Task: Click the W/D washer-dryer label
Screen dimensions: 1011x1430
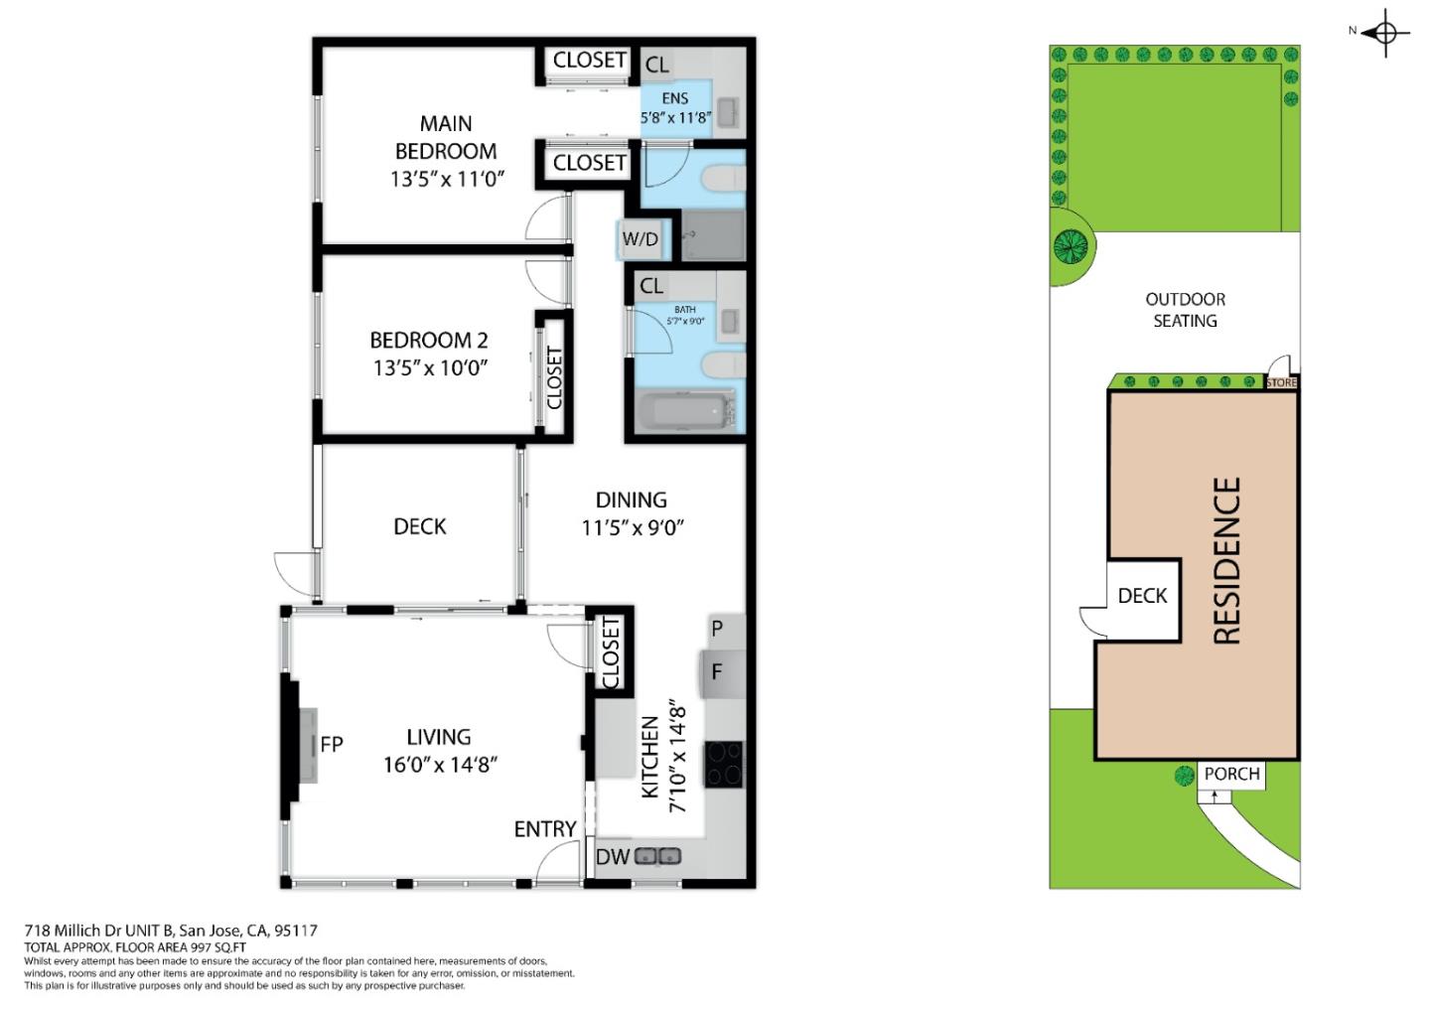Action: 640,239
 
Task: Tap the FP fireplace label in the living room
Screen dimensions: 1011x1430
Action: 331,744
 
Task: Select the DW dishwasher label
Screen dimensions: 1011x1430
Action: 612,856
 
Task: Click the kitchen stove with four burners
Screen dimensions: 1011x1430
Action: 723,765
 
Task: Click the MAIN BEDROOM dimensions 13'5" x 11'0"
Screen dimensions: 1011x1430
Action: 448,180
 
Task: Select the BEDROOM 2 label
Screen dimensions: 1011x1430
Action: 429,340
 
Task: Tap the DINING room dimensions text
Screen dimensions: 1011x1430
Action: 632,527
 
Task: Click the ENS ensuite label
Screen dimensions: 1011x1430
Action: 675,98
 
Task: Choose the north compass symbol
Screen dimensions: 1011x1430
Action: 1386,34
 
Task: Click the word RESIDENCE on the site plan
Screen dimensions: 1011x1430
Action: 1227,561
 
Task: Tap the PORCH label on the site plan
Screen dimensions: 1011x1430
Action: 1231,774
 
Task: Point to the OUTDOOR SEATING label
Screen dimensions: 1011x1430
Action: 1185,310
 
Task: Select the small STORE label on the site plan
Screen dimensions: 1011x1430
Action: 1281,382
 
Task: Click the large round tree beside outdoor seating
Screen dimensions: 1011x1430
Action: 1071,245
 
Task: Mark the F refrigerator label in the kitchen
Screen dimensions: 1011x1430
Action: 716,672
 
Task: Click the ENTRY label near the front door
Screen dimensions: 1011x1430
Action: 544,828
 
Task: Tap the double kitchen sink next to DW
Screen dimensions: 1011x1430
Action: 657,856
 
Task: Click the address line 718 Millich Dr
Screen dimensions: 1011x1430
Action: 171,931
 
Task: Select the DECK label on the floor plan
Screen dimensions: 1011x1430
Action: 419,526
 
